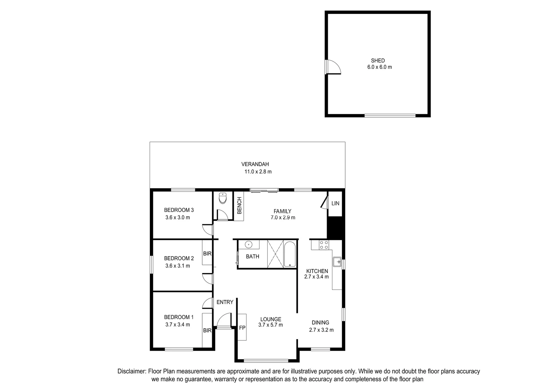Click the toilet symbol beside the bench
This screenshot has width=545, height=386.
point(223,198)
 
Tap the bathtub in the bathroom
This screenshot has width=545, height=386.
point(290,254)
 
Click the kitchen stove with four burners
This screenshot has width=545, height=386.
point(324,245)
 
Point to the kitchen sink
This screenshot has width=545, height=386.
point(337,262)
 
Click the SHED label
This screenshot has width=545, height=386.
point(378,61)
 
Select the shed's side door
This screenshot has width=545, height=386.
point(333,67)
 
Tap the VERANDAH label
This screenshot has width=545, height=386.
point(255,164)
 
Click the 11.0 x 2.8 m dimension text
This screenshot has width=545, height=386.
point(258,172)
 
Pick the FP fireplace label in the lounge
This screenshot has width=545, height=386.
point(242,327)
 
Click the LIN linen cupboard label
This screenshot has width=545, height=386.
point(335,203)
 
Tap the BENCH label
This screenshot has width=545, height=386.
point(239,206)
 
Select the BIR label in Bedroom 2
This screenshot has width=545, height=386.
point(207,254)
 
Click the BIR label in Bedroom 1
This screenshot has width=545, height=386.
point(207,331)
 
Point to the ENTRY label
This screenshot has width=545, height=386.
point(225,302)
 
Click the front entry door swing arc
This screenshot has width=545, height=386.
point(224,319)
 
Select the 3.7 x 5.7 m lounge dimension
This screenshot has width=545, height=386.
point(271,325)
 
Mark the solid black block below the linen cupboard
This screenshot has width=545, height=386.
point(335,227)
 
